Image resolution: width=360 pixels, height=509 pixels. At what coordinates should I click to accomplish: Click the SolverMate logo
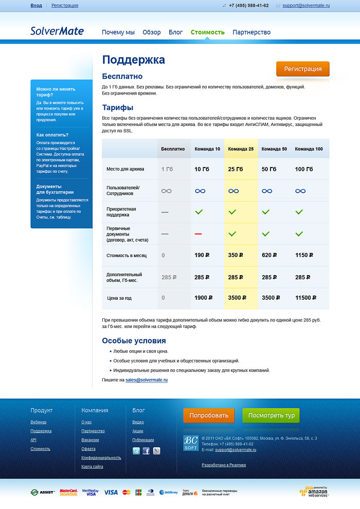coord(57,31)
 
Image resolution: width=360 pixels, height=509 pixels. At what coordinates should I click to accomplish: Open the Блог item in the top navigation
coord(175,32)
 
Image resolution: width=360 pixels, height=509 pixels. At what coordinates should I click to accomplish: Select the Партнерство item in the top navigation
coord(251,32)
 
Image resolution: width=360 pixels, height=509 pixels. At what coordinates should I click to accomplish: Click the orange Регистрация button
coord(302,69)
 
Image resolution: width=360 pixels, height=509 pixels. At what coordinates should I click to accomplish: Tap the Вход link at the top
coord(36,6)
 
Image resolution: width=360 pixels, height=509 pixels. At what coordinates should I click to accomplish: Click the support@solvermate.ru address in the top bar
coord(306,6)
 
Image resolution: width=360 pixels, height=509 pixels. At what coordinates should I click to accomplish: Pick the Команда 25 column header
coord(241,149)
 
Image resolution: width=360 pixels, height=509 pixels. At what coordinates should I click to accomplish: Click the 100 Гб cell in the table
coord(304,169)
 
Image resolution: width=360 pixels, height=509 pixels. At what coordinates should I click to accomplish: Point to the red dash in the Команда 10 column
coord(199,234)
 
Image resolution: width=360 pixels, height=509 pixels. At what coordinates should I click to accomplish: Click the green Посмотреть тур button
coord(271,415)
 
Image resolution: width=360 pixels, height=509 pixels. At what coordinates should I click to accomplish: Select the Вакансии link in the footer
coord(90,440)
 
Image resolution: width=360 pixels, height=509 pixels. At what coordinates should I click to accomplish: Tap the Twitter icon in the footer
coord(136,451)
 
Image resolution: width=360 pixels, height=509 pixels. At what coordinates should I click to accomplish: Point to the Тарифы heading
coord(118,107)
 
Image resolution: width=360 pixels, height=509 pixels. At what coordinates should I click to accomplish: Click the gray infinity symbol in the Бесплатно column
coord(166,191)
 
